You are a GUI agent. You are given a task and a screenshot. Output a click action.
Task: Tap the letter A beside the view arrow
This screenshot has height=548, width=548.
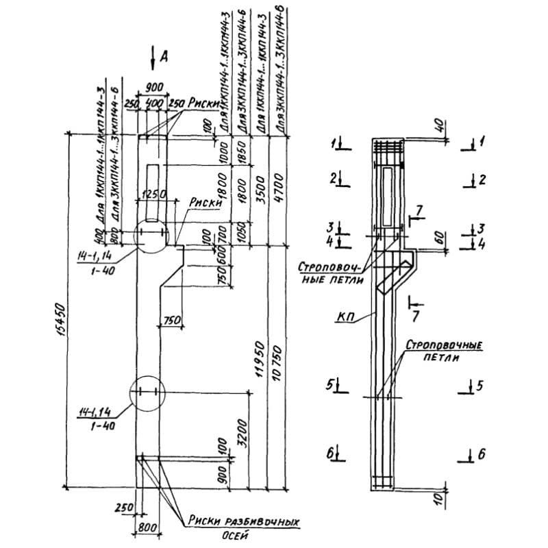point(164,58)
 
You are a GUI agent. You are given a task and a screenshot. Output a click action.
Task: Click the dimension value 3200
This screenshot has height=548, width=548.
point(245,430)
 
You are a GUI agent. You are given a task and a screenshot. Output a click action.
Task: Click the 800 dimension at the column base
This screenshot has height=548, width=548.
point(148,528)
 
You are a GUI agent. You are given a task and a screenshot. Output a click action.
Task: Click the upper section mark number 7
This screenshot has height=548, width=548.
point(419,208)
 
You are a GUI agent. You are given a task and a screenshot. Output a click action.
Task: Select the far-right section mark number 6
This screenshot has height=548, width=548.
point(481,453)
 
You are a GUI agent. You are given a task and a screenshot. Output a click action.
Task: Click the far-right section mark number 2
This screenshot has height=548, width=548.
point(482,180)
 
